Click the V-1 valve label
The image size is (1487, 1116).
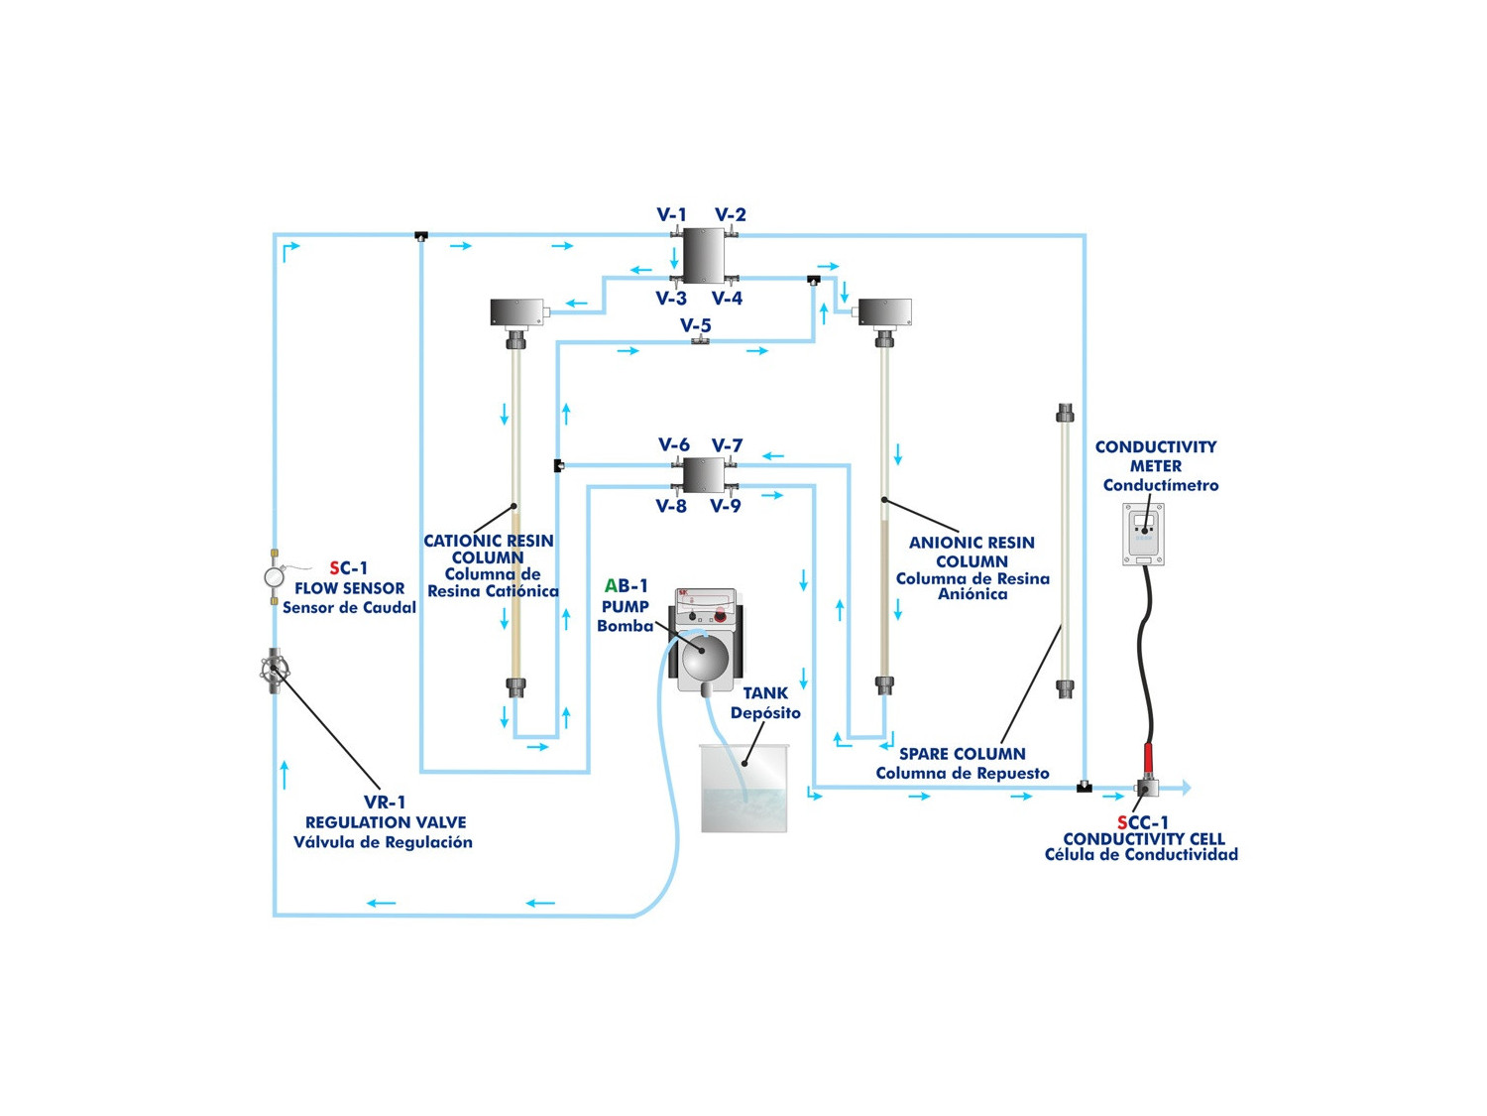[x=671, y=214]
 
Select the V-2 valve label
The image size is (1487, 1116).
[x=731, y=214]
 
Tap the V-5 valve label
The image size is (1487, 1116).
[x=696, y=325]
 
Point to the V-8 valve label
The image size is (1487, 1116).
[x=671, y=506]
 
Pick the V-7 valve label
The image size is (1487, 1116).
[x=727, y=445]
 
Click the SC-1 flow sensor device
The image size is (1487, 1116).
[x=275, y=576]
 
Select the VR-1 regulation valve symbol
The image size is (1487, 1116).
[x=273, y=671]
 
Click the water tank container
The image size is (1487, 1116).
[x=743, y=789]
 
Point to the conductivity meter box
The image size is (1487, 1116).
[x=1143, y=534]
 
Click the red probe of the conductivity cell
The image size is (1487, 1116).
[x=1149, y=759]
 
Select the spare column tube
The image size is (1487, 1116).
[x=1065, y=551]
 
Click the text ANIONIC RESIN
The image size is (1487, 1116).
[x=972, y=543]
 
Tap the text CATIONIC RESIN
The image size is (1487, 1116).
[x=489, y=541]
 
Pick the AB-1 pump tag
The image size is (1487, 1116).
[x=627, y=586]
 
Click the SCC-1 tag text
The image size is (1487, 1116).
[x=1143, y=822]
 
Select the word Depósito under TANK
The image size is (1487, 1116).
[x=765, y=712]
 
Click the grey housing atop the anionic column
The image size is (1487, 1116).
[x=885, y=311]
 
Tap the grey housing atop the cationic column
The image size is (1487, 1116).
[x=517, y=311]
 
